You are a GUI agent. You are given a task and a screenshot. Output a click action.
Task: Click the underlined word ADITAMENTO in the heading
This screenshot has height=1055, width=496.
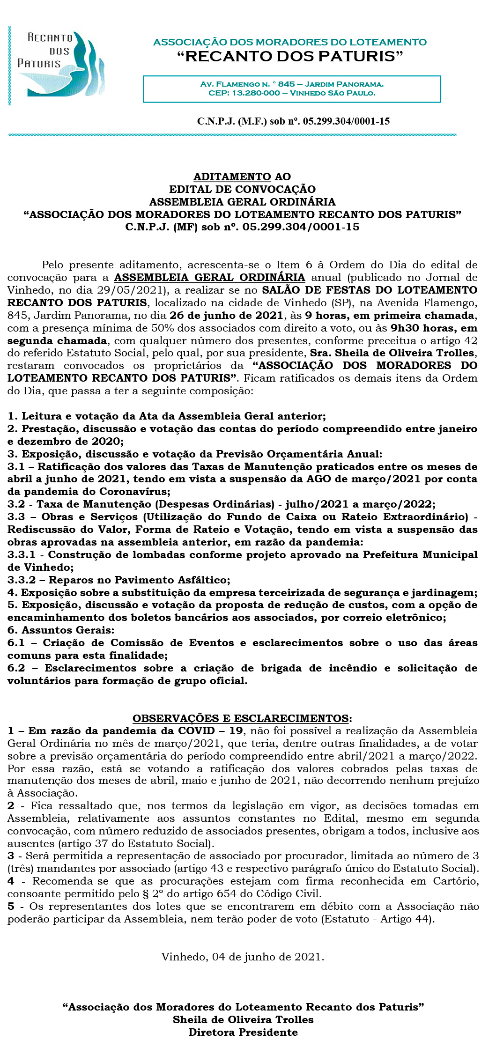[x=232, y=177]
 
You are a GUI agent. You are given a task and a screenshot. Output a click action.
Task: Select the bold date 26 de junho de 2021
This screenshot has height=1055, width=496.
[x=226, y=316]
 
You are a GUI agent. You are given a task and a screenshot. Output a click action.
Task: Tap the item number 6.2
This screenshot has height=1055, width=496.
[x=16, y=668]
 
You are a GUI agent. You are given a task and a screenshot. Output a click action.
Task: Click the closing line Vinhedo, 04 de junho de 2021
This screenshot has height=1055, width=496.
[x=243, y=957]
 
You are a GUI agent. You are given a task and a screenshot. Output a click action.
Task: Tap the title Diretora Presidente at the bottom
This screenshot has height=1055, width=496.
[x=243, y=1032]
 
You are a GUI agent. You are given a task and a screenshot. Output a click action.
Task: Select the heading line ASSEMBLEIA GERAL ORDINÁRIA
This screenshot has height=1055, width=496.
[x=242, y=202]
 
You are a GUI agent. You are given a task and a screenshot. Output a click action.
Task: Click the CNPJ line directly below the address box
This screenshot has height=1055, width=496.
[x=293, y=121]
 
